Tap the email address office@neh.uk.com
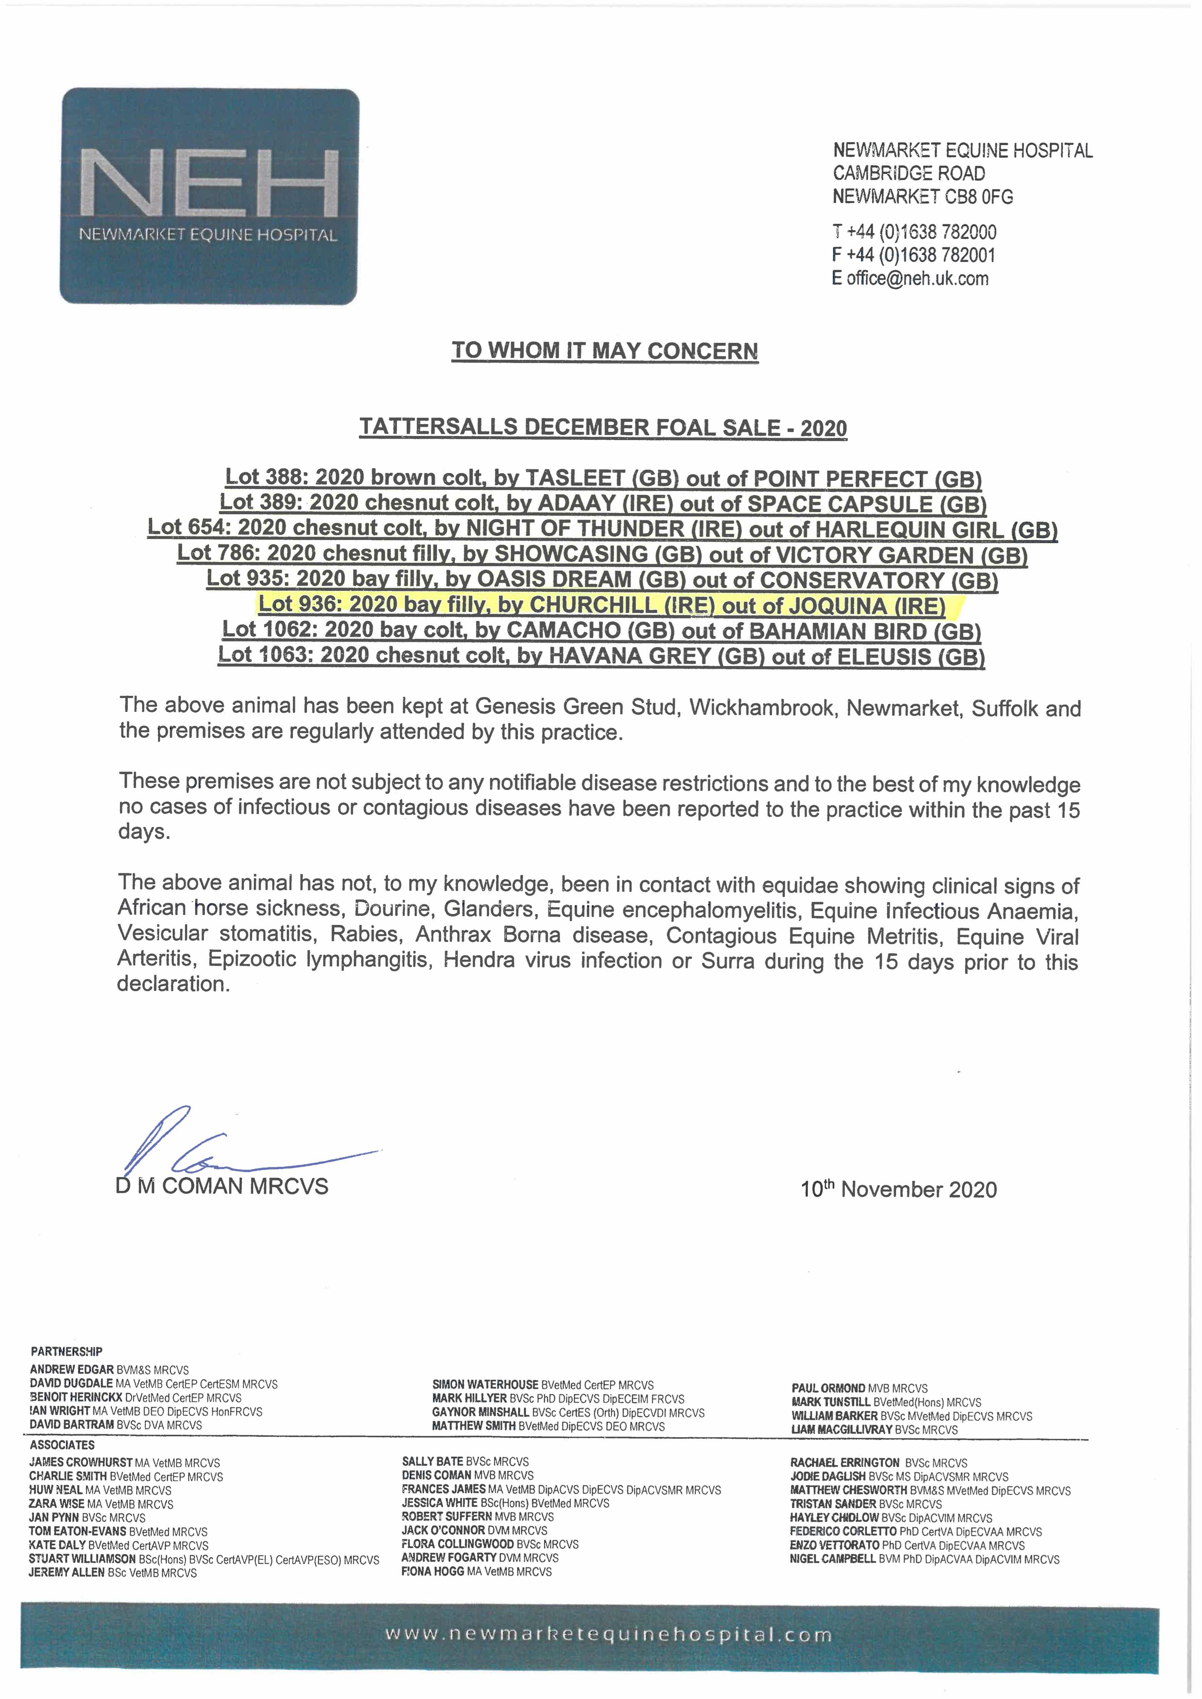(918, 279)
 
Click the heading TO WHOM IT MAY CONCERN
(605, 351)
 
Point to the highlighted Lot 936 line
(602, 605)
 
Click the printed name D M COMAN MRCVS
(222, 1186)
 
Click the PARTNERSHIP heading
(67, 1351)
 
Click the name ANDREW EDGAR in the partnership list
(72, 1370)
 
